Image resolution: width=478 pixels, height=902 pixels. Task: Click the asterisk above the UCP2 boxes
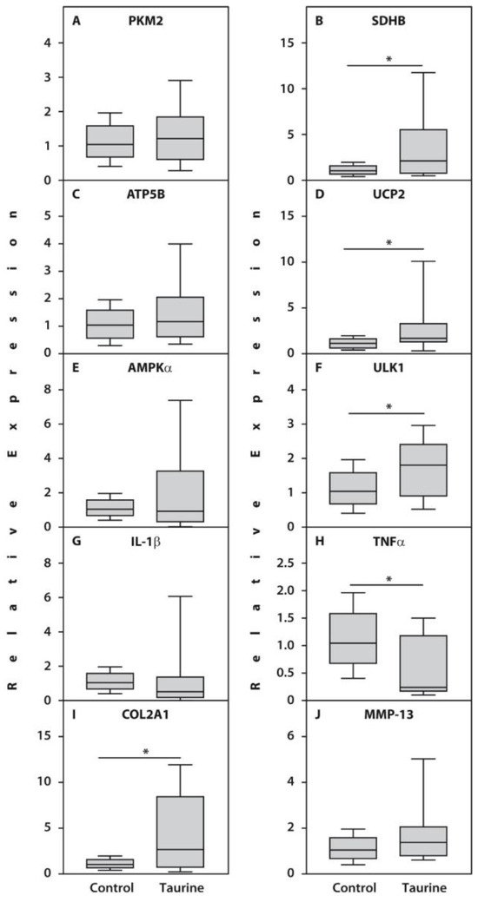click(388, 243)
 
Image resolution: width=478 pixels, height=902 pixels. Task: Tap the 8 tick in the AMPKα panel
click(50, 390)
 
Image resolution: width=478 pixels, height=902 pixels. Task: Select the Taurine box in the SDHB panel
click(422, 151)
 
